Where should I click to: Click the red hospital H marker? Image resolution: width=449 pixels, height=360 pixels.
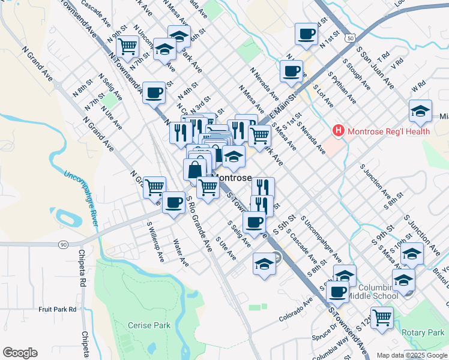coord(339,130)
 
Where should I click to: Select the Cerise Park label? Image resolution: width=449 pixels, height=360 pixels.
coord(149,326)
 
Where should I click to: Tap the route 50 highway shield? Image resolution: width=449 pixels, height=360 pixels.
coord(349,38)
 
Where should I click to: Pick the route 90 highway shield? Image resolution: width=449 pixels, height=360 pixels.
coord(63,244)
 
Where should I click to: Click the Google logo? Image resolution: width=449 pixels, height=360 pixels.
coord(21,352)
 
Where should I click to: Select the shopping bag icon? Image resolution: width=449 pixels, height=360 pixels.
coord(195,170)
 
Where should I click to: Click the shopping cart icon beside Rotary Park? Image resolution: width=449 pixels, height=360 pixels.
coord(381,317)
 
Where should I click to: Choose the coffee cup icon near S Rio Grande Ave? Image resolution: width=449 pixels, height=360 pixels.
coord(174,202)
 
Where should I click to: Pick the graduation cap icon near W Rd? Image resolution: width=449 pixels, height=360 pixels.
coord(420,110)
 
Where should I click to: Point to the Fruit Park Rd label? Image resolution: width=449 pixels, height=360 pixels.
coord(58,309)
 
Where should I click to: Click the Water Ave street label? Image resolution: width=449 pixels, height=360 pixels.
coord(180,254)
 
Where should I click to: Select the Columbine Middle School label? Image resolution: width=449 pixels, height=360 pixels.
coord(378,292)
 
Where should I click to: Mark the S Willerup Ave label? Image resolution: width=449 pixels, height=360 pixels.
coord(155,242)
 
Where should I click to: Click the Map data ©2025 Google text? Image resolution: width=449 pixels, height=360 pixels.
coord(411,355)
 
